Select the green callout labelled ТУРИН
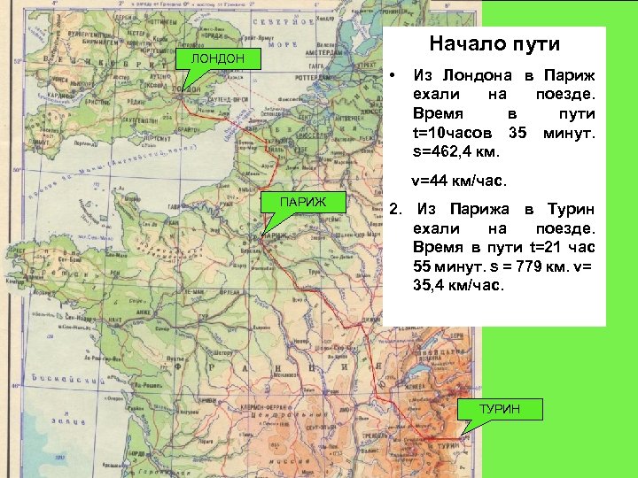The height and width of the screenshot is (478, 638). click(500, 409)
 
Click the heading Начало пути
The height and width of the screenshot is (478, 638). click(494, 43)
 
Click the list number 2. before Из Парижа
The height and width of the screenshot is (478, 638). click(397, 210)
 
